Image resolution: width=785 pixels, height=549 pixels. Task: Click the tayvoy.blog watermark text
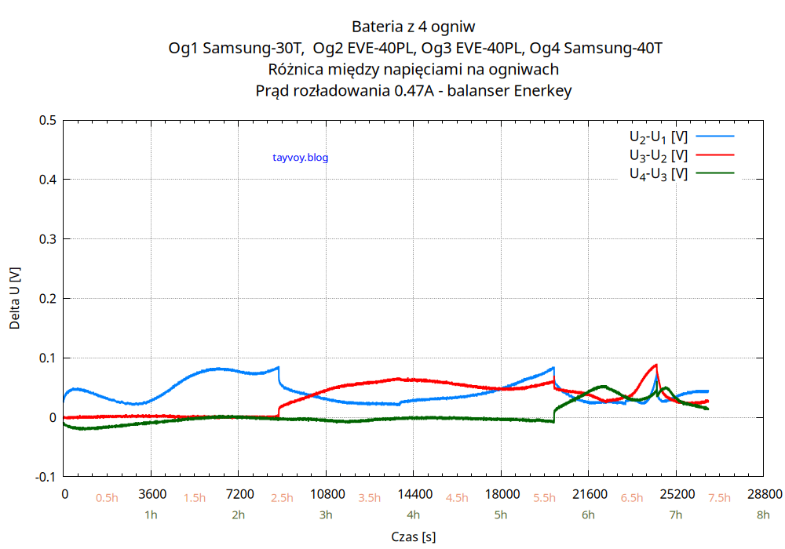pos(300,158)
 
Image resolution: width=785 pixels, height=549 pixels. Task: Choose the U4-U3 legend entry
pos(658,174)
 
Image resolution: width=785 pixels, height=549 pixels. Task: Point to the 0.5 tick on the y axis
pos(48,120)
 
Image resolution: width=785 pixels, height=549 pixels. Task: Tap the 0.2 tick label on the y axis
pos(48,299)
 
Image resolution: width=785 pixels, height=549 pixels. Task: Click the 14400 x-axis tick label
pos(414,495)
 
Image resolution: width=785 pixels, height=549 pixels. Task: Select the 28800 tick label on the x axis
pos(765,495)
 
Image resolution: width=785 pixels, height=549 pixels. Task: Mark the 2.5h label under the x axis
pos(282,498)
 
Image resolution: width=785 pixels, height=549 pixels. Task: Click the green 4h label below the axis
pos(414,515)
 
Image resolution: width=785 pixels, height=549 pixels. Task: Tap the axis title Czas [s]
pos(414,537)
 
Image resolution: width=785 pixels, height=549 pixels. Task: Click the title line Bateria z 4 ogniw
pos(414,27)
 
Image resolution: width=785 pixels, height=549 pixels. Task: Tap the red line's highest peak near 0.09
pos(655,365)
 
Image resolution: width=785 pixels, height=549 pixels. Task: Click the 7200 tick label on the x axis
pos(239,495)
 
